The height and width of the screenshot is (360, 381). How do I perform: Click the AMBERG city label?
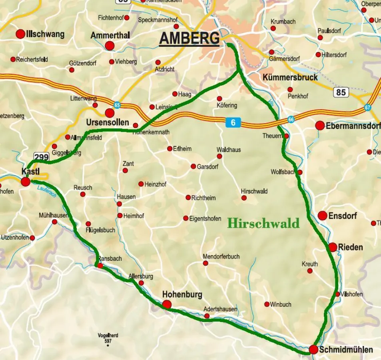point(190,39)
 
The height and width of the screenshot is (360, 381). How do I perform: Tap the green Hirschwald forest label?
point(263,223)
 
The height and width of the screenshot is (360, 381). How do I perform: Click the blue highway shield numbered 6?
point(233,122)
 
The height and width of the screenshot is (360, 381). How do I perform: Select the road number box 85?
point(341,92)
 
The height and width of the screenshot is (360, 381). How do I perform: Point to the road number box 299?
point(41,157)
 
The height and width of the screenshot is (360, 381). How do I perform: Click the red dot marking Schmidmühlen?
point(313,350)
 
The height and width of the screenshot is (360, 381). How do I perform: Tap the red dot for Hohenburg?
point(167,305)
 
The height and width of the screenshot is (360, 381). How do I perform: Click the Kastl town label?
point(31,172)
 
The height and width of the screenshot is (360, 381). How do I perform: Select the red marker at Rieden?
point(333,247)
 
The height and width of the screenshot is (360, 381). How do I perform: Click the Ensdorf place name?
point(343,216)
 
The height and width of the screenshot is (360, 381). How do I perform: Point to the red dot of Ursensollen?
point(110,113)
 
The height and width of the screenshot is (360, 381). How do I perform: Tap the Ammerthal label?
point(110,36)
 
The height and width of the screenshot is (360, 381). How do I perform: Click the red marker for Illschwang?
point(20,34)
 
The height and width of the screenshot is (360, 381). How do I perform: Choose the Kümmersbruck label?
point(290,78)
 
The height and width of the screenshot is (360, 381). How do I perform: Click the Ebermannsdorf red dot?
point(320,126)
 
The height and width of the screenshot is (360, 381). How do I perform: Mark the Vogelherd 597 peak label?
point(108,338)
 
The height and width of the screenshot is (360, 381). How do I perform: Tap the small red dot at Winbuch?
point(267,304)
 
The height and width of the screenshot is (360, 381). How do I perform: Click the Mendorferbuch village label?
point(221,256)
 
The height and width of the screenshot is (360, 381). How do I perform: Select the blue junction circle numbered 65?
point(117,104)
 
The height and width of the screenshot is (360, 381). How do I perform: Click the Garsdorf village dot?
point(193,166)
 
